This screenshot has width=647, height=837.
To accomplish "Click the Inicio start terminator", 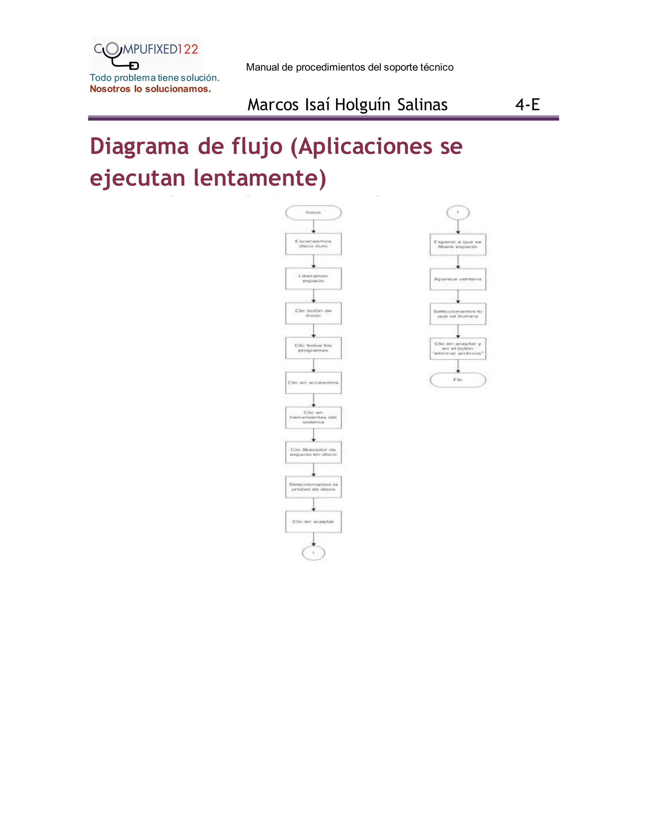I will tap(313, 213).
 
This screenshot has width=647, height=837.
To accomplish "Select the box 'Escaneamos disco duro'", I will tap(313, 244).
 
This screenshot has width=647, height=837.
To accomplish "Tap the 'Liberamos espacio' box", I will tap(313, 279).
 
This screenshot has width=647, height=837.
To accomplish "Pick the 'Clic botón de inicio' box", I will tap(313, 313).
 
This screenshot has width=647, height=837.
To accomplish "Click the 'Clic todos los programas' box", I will tap(313, 348).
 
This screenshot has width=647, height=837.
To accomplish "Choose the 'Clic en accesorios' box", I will tap(313, 383).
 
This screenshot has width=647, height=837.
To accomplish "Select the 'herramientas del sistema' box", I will tap(313, 417).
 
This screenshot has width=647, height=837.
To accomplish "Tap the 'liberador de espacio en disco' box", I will tap(313, 452).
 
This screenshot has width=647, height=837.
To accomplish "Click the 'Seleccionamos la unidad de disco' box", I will tap(313, 487).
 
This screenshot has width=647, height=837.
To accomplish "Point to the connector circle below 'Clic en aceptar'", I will tap(313, 553).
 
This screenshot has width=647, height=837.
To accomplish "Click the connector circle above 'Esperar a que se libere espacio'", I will tap(458, 212).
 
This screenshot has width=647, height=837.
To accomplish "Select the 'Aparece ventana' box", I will tap(458, 279).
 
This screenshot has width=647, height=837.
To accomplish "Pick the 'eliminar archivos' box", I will tap(458, 349).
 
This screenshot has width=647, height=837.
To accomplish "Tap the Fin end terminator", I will tap(458, 380).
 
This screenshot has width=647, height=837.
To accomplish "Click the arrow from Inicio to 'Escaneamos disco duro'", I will tap(313, 226).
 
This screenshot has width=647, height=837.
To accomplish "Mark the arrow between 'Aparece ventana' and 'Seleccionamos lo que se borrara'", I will tap(458, 296).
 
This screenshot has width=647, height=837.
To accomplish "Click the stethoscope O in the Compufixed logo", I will tap(112, 49).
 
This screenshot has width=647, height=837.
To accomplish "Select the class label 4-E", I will tap(527, 105).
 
